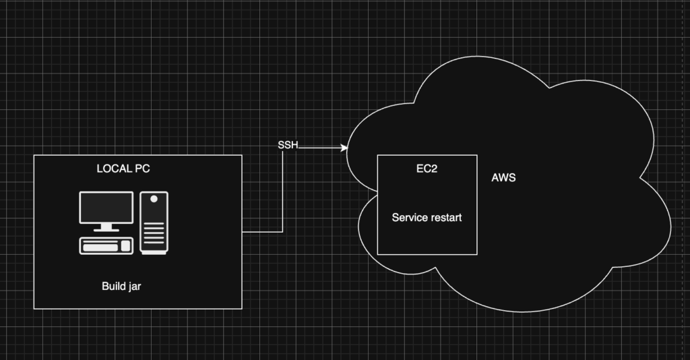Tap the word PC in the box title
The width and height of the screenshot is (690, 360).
142,169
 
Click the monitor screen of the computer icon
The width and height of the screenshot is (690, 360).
106,207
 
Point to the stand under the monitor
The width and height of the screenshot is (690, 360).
106,228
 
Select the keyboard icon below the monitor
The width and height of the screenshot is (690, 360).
106,245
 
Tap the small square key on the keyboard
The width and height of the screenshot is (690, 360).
125,246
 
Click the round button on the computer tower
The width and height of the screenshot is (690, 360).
154,200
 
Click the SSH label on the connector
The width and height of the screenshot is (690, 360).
288,146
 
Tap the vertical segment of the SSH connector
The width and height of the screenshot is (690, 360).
283,192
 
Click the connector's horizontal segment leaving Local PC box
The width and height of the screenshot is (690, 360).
262,232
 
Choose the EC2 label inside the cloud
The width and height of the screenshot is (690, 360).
427,169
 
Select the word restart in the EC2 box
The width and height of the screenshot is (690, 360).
447,218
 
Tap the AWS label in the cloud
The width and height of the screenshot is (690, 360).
503,178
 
